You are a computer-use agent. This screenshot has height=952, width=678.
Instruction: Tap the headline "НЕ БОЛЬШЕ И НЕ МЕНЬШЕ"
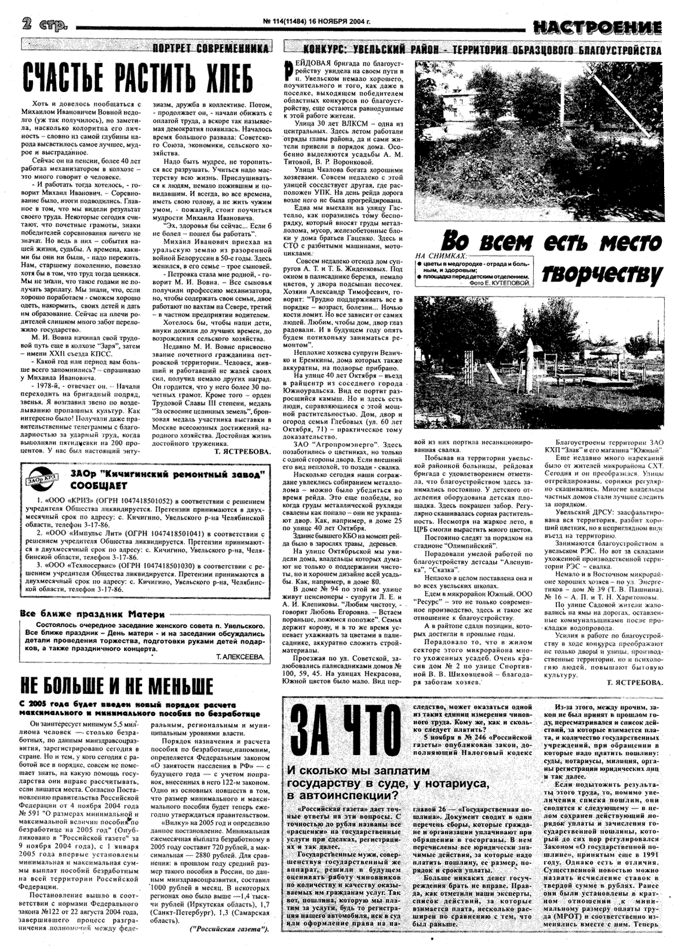click(116, 686)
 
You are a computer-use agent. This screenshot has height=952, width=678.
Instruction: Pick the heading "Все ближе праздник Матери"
click(92, 614)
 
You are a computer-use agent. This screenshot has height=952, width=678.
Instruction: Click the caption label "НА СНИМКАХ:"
click(441, 255)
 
